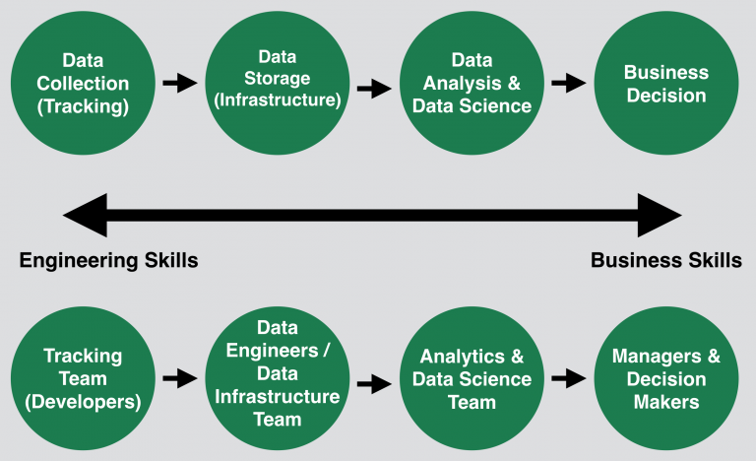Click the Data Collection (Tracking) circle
pyautogui.click(x=83, y=85)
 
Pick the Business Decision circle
pyautogui.click(x=665, y=85)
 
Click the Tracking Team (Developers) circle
pyautogui.click(x=83, y=379)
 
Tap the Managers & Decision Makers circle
pyautogui.click(x=665, y=379)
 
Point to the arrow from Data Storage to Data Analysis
pyautogui.click(x=374, y=89)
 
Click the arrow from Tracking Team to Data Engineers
pyautogui.click(x=179, y=377)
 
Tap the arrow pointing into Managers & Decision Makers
pyautogui.click(x=569, y=377)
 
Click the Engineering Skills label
pyautogui.click(x=109, y=261)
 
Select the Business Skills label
pyautogui.click(x=665, y=261)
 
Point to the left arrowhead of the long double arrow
pyautogui.click(x=85, y=215)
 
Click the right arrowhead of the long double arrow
pyautogui.click(x=659, y=215)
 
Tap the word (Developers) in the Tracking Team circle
pyautogui.click(x=83, y=402)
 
